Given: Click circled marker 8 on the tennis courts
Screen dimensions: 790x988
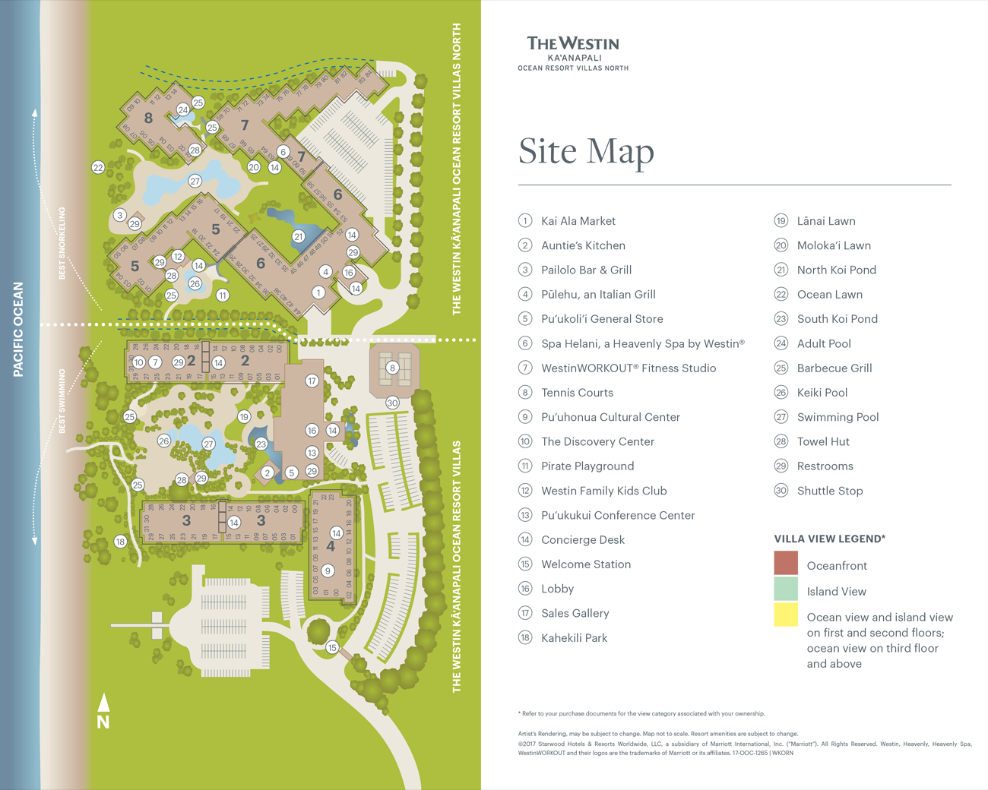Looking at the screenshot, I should (x=392, y=368).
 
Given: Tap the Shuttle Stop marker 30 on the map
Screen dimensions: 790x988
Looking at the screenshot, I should (x=392, y=403).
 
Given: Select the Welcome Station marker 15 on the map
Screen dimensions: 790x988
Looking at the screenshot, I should (x=332, y=648).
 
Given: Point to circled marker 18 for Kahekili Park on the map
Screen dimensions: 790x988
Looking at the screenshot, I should (x=120, y=542).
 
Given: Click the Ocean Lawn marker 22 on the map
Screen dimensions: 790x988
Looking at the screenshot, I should (x=98, y=167).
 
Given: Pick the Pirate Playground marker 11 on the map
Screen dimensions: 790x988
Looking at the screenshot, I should (x=223, y=295).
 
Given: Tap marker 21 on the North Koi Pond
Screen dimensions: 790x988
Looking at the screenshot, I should (x=298, y=236).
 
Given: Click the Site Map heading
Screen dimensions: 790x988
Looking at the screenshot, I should (x=586, y=151).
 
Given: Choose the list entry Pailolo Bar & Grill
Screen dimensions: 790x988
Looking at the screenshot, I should (x=586, y=270).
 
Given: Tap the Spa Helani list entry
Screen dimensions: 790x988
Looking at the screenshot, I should (x=642, y=343).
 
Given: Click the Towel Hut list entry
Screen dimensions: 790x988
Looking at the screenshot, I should (x=823, y=441).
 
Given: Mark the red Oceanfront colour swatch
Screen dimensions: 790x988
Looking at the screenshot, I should (x=786, y=563).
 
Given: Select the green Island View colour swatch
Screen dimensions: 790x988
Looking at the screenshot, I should (x=786, y=589).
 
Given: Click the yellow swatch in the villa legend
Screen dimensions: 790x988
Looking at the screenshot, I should (x=786, y=615).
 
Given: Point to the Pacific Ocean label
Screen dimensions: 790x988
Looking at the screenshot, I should (x=18, y=330).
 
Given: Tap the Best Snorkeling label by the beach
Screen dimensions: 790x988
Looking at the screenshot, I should (x=62, y=243).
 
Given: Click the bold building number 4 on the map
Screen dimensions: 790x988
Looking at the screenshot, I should (x=331, y=546).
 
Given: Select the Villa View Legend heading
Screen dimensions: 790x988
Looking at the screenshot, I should (x=830, y=539).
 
